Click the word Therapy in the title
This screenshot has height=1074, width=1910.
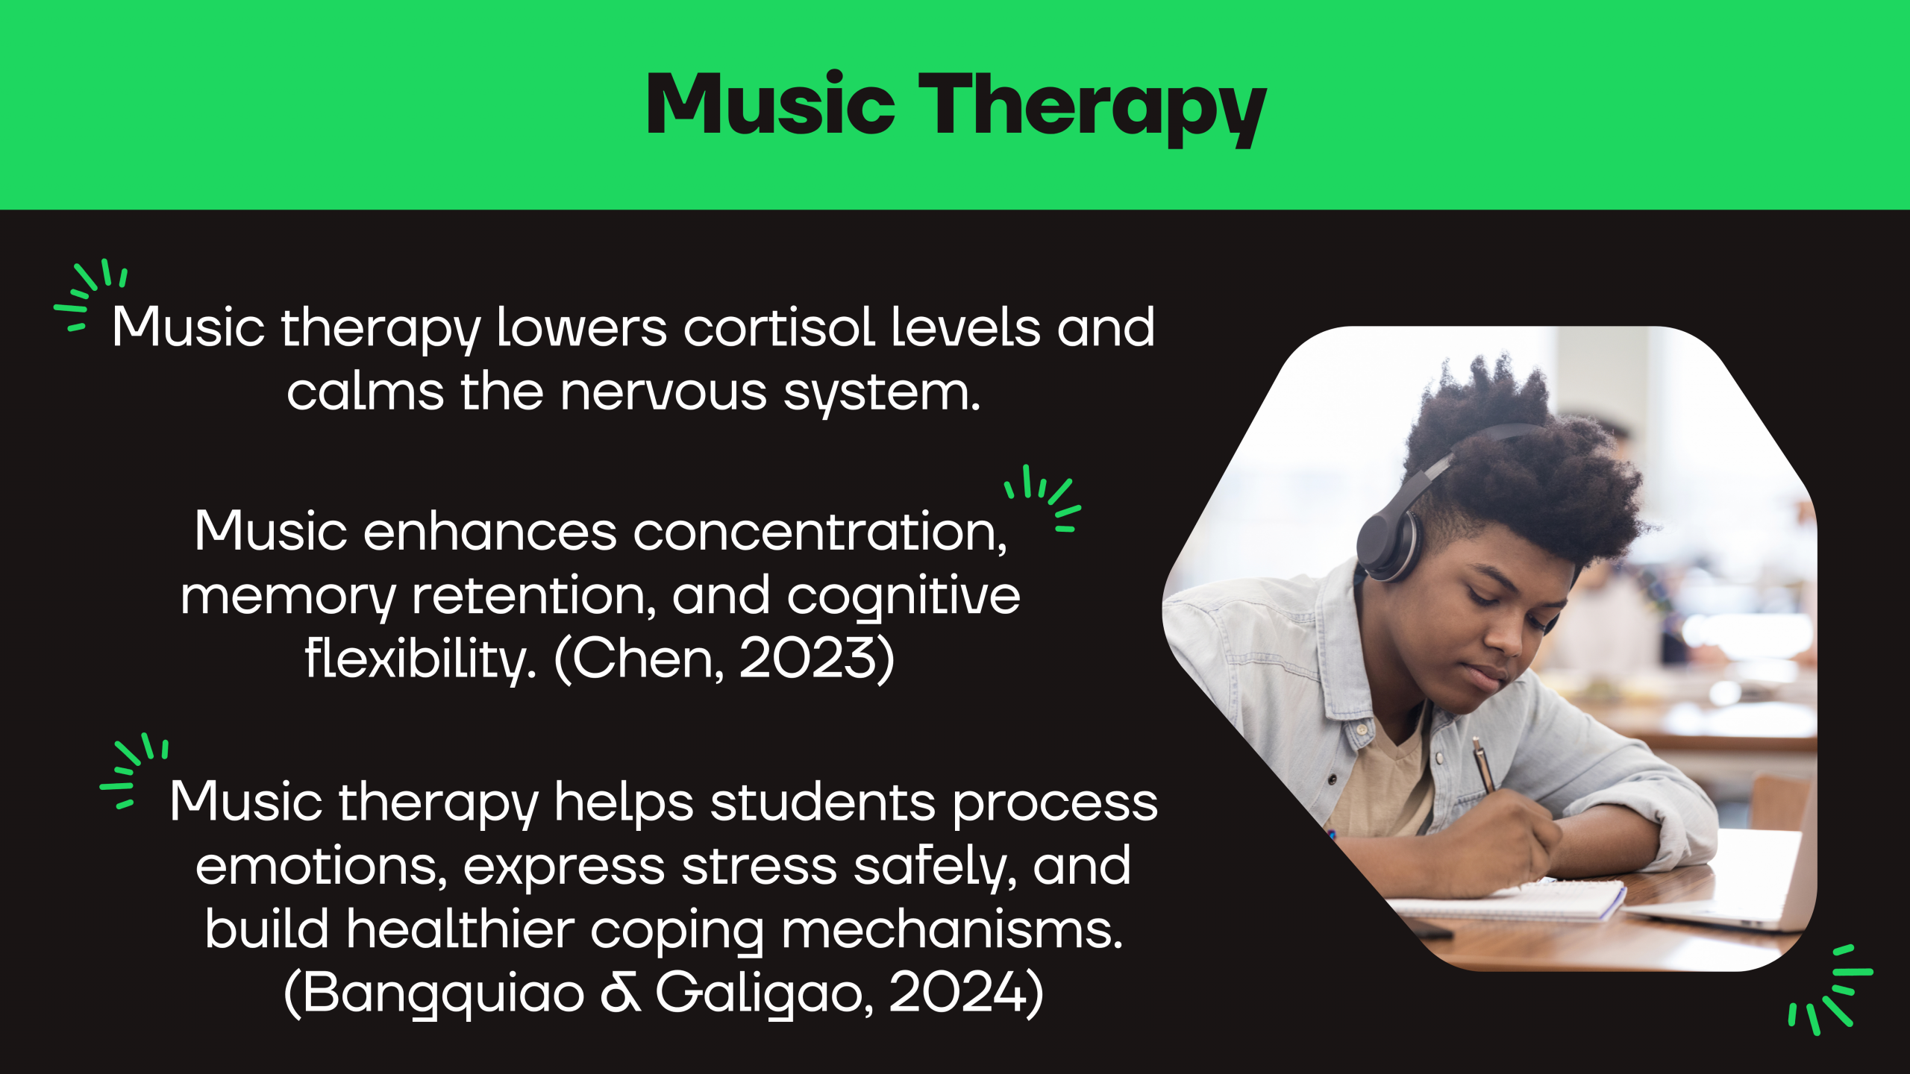[x=1092, y=108]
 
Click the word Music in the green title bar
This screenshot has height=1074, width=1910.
[x=771, y=104]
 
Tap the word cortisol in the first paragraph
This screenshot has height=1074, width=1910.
[x=779, y=327]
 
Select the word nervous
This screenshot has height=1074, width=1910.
[x=663, y=392]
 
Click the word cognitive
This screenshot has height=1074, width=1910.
[x=904, y=597]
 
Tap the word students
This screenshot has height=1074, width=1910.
[x=822, y=803]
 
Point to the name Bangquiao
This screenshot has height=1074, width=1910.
[x=443, y=994]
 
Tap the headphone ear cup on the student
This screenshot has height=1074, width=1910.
[x=1386, y=539]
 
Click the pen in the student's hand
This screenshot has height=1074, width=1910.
[x=1482, y=764]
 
